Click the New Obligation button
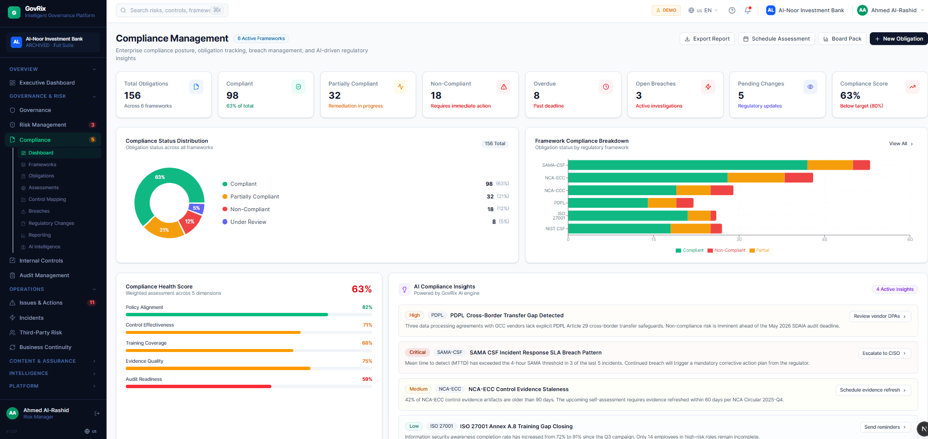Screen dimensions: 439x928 click(898, 39)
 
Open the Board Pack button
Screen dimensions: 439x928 click(842, 39)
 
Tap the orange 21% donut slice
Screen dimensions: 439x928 click(164, 229)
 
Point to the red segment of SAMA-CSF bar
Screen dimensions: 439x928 click(861, 165)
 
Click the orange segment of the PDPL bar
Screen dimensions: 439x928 click(662, 203)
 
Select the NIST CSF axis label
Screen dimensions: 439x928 click(555, 229)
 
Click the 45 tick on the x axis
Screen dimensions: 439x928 click(824, 240)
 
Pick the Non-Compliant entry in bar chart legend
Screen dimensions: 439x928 click(729, 250)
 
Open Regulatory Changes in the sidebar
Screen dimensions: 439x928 click(51, 223)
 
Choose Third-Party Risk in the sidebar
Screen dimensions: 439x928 click(41, 332)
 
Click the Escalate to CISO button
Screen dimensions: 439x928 click(884, 353)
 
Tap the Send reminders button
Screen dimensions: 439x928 click(884, 427)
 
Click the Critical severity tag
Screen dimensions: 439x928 click(417, 352)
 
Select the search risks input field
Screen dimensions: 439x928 click(169, 10)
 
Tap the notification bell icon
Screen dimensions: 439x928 click(748, 10)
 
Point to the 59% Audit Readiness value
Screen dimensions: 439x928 click(367, 379)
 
